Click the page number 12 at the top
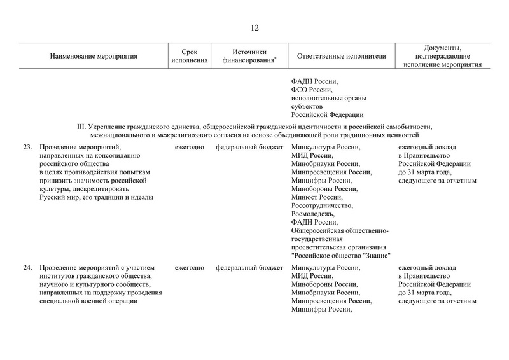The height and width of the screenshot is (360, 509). (254, 27)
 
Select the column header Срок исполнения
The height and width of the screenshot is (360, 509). (190, 56)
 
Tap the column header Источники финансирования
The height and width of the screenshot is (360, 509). (249, 56)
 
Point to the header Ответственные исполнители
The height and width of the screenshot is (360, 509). (342, 56)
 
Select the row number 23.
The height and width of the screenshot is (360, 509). (27, 148)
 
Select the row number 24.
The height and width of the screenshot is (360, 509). (27, 268)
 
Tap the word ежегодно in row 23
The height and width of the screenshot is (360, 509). (189, 148)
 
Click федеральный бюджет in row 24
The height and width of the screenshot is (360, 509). (249, 268)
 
